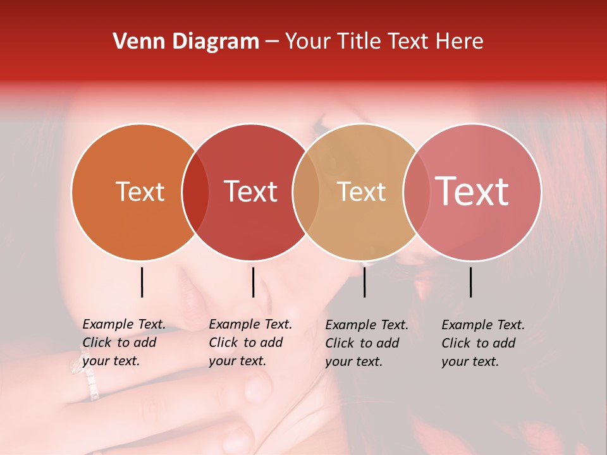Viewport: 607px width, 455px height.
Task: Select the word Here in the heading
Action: coord(460,42)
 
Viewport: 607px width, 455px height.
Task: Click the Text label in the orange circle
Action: coord(140,191)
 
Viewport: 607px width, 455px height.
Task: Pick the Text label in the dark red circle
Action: coord(250,191)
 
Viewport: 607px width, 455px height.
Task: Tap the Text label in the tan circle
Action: coord(361,191)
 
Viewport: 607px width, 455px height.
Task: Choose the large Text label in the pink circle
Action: coord(472,191)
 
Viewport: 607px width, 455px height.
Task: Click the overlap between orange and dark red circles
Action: coord(195,191)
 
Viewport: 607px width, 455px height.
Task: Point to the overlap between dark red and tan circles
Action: coord(306,191)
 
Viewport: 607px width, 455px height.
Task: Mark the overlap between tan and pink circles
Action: coord(417,191)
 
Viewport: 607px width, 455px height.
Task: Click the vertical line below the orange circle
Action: coord(142,282)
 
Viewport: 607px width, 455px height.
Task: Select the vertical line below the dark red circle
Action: coord(253,282)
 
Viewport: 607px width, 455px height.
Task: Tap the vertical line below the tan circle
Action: coord(365,282)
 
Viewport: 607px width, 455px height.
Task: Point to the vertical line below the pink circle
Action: coord(471,282)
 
